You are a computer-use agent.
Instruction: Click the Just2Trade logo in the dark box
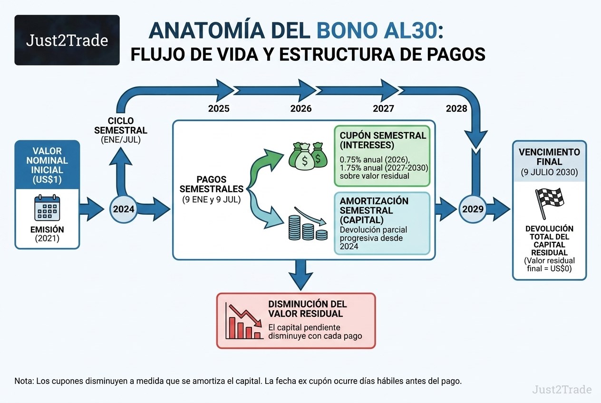(67, 40)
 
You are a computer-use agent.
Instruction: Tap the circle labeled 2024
(124, 209)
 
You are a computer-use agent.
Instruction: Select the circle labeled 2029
(473, 209)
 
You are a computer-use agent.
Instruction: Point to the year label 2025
(219, 109)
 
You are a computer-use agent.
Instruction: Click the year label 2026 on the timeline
(301, 109)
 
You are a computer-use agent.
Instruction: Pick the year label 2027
(383, 109)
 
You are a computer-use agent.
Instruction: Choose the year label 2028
(456, 109)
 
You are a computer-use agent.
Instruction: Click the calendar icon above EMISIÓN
(47, 208)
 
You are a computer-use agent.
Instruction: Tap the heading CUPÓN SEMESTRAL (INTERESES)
(383, 140)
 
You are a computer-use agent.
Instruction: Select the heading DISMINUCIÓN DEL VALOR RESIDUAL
(308, 309)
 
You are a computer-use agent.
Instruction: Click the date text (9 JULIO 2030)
(549, 172)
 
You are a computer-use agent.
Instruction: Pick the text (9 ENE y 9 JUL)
(212, 200)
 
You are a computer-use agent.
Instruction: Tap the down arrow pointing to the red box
(300, 275)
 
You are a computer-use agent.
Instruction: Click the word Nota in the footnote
(23, 381)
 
